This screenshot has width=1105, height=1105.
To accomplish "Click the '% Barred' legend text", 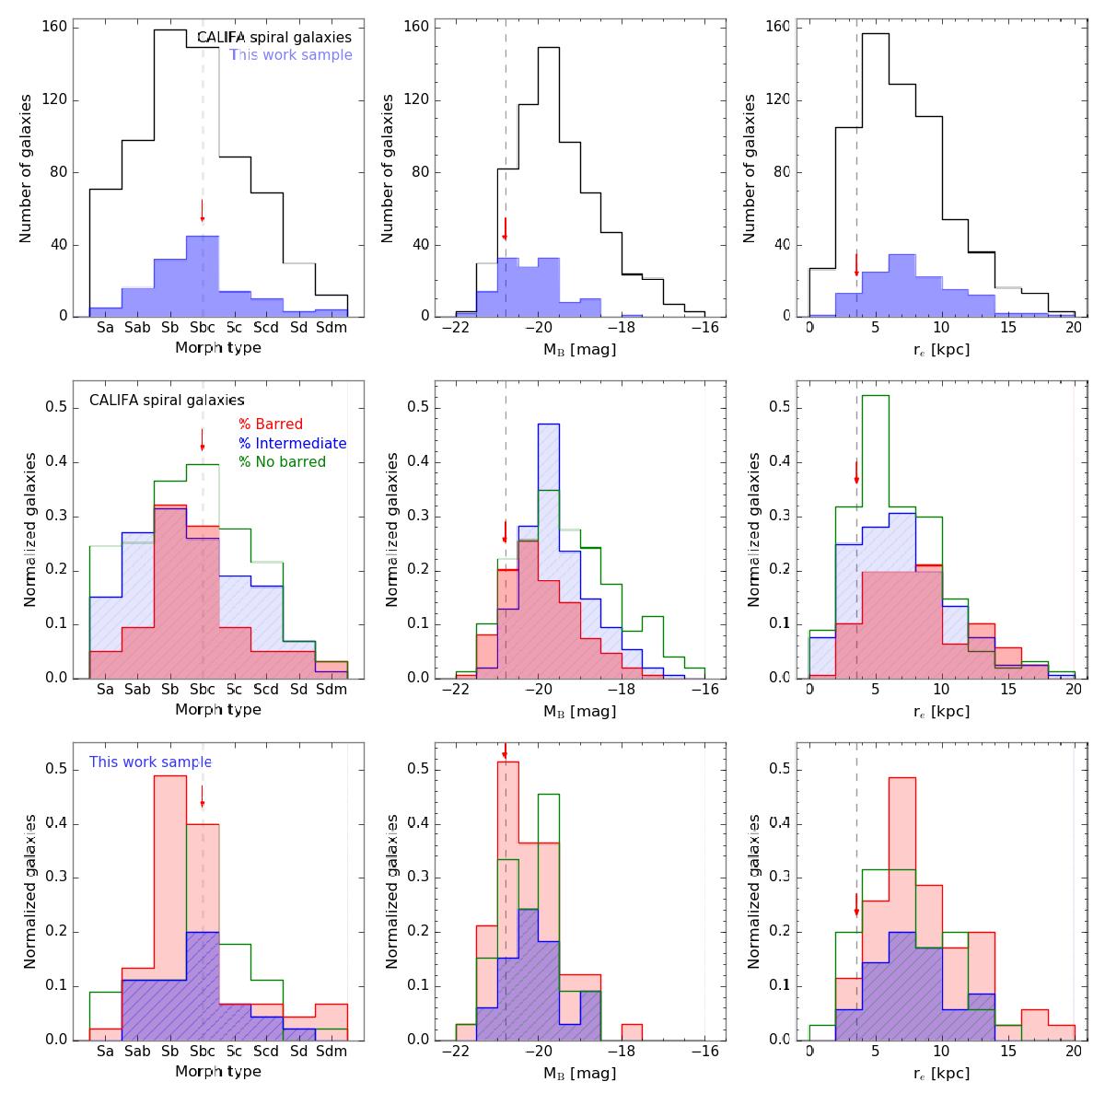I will coord(271,425).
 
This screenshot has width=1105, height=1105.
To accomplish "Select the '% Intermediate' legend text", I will coord(293,443).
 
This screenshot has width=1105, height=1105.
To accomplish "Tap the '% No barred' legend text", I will coord(283,461).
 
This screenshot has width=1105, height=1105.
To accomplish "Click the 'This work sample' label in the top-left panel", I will coord(291,55).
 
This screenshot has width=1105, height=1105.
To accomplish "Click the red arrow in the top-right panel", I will coord(856,264).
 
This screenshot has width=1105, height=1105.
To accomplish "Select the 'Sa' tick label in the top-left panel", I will coord(105,327).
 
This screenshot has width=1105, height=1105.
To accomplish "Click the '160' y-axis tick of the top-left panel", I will coord(54,27).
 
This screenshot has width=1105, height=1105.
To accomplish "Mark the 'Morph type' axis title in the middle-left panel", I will coord(218,710).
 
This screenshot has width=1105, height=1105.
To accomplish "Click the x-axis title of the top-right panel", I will coord(942,349).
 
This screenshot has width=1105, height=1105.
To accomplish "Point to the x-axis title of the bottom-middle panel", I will coord(579,1073).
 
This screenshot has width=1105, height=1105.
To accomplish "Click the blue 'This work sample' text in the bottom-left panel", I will coord(150,762).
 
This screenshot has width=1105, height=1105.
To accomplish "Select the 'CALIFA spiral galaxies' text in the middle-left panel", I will coord(167,401).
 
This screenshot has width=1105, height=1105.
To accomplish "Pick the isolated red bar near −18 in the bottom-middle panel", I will coord(631,1032).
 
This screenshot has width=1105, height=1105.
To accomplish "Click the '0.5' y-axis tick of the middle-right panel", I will coord(778,408).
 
